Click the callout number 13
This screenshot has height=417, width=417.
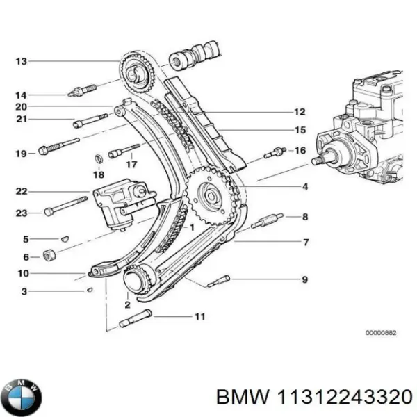tap(21, 62)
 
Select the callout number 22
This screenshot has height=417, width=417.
tap(21, 192)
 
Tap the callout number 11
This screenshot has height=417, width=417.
tap(199, 318)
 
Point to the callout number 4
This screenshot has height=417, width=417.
tap(304, 187)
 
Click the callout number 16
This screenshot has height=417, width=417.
tap(300, 150)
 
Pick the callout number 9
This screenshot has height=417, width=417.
tap(304, 280)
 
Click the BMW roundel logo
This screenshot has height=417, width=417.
tap(21, 397)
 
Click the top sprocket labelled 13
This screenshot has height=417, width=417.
tap(136, 71)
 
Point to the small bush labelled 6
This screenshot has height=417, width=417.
tap(50, 255)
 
